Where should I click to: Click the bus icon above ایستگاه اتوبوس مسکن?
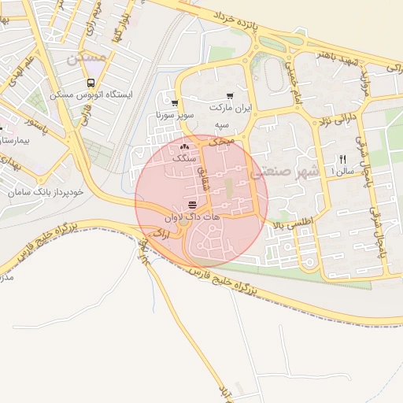[91, 83]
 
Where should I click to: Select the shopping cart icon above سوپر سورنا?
[174, 102]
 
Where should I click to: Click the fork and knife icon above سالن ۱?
[342, 158]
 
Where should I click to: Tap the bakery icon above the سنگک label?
[185, 146]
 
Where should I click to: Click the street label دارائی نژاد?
[337, 120]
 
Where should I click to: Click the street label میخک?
[224, 139]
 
